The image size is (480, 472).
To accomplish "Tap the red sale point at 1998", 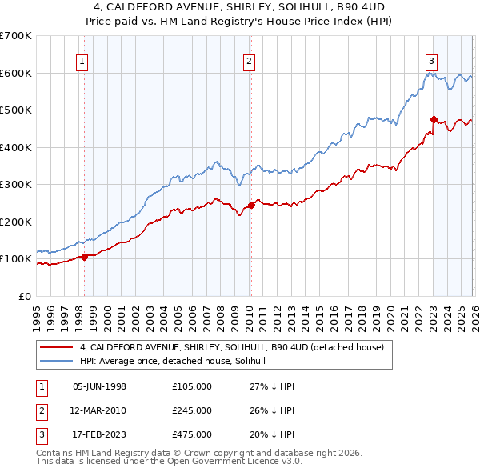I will (84, 257).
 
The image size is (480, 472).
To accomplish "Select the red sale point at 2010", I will (250, 205).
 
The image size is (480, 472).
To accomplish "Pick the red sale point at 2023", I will (433, 120).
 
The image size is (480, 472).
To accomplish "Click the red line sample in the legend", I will (57, 347).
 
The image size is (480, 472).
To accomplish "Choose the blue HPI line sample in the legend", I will (57, 361).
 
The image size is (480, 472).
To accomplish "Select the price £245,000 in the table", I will (191, 410).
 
